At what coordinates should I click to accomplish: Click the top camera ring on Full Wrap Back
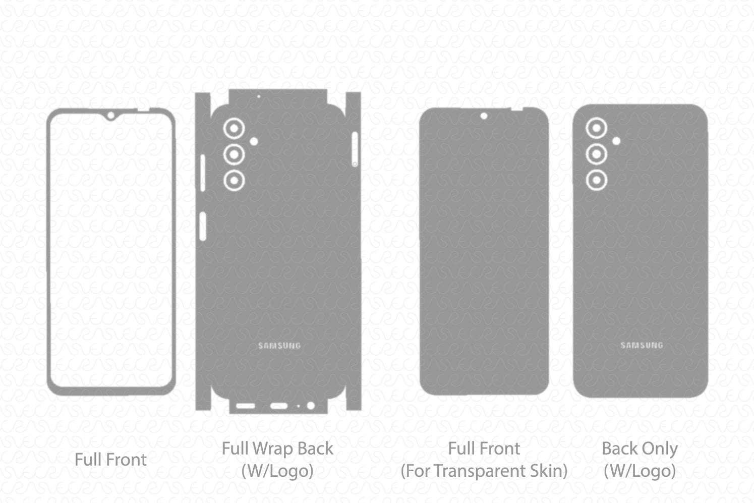[x=234, y=129]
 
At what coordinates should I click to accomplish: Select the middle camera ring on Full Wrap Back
[x=234, y=154]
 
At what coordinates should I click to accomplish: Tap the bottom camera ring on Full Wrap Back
[x=234, y=180]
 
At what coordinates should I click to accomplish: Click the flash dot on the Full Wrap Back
[x=254, y=142]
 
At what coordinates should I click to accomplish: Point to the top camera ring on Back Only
[x=596, y=128]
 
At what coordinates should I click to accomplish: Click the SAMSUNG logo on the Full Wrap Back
[x=279, y=346]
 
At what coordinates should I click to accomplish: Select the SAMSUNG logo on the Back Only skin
[x=642, y=346]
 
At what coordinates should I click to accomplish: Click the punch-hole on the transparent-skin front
[x=484, y=117]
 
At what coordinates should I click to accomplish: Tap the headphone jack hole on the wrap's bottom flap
[x=311, y=406]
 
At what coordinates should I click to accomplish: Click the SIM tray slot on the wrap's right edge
[x=355, y=149]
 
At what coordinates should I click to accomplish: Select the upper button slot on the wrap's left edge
[x=202, y=173]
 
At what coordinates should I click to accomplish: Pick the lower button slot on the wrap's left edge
[x=202, y=226]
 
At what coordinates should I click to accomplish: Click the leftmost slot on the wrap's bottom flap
[x=245, y=406]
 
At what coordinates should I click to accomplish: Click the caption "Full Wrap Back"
[x=277, y=449]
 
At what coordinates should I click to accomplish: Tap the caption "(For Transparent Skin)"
[x=484, y=471]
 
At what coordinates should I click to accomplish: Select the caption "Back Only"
[x=640, y=449]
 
